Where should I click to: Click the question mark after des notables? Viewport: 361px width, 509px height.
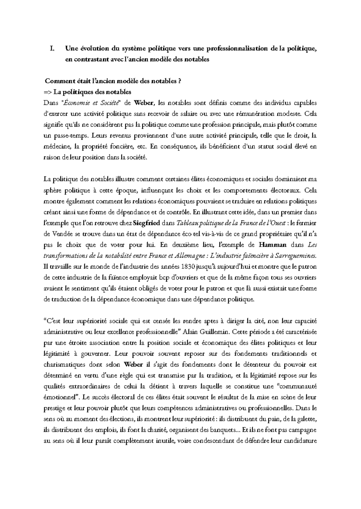coord(180,81)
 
